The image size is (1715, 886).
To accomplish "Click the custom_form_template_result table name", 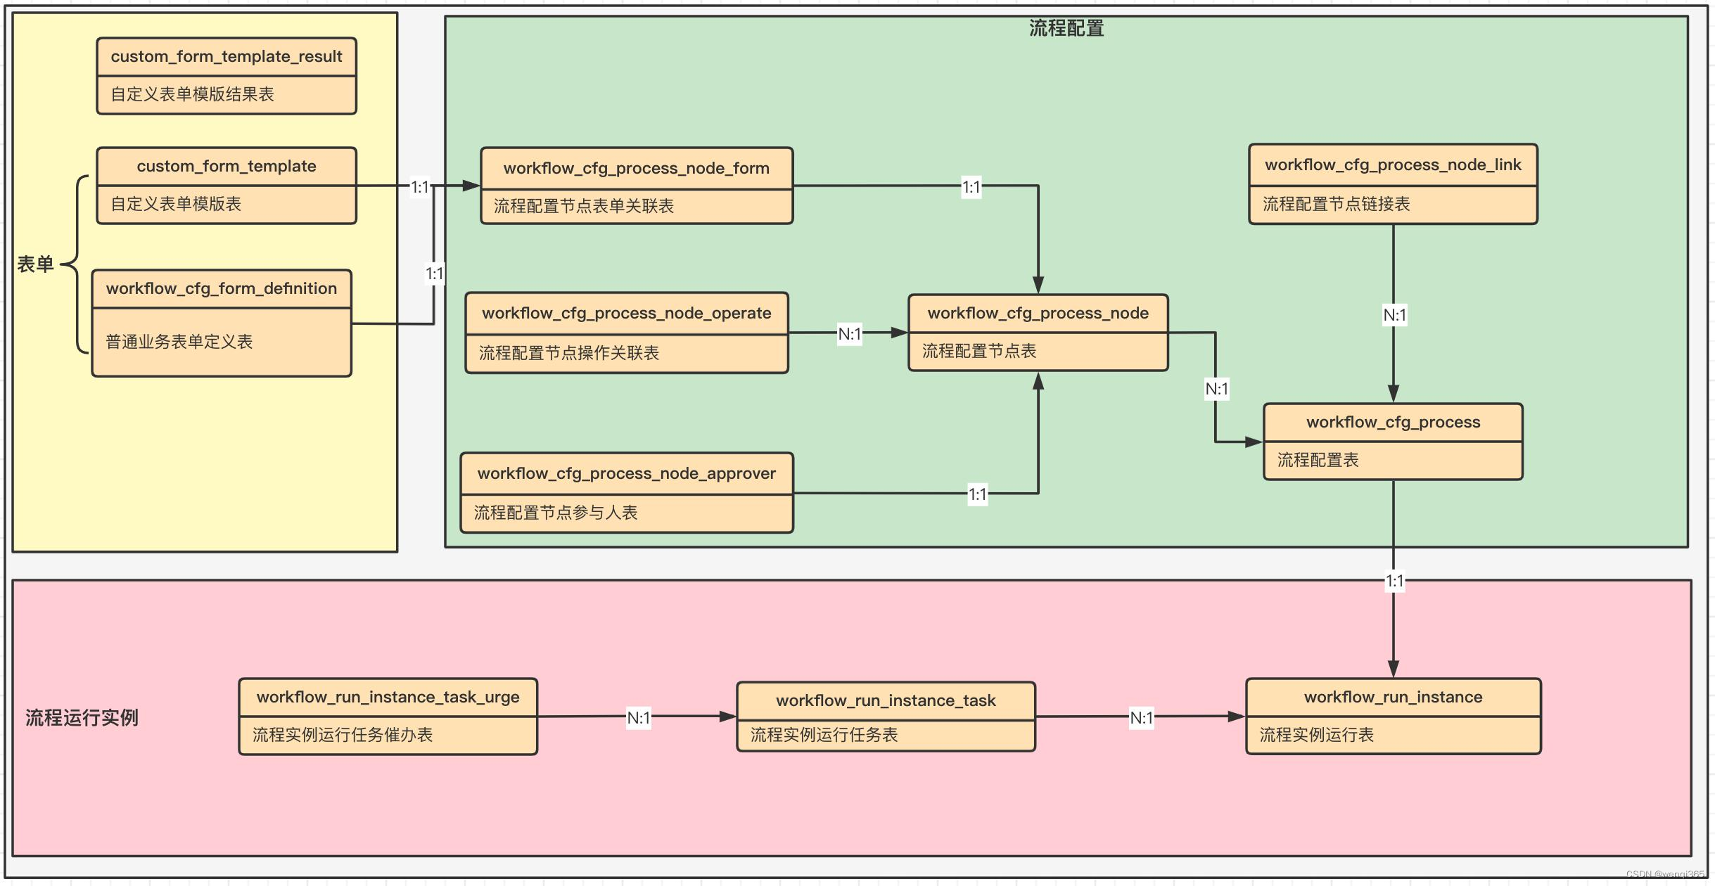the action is pyautogui.click(x=227, y=56).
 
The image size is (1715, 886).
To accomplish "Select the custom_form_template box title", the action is pyautogui.click(x=227, y=166).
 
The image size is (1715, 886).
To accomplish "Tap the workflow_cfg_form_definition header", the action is pyautogui.click(x=222, y=288).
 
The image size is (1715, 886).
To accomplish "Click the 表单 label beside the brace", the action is pyautogui.click(x=35, y=264).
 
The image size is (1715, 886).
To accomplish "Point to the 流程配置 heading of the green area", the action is pyautogui.click(x=1066, y=28).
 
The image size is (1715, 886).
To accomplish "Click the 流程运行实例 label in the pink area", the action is pyautogui.click(x=82, y=717).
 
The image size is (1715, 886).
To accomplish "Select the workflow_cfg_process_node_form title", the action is pyautogui.click(x=637, y=168).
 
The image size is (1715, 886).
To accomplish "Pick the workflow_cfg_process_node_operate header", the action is pyautogui.click(x=627, y=313).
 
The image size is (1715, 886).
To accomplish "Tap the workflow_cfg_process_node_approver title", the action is pyautogui.click(x=627, y=473).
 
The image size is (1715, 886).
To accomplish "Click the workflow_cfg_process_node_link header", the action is pyautogui.click(x=1393, y=165).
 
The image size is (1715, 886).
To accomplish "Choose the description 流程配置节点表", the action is pyautogui.click(x=979, y=351).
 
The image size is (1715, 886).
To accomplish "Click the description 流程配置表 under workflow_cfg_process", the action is pyautogui.click(x=1318, y=460).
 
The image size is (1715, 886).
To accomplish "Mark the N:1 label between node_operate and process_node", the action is pyautogui.click(x=850, y=334).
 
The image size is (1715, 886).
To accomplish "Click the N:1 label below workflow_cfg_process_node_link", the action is pyautogui.click(x=1394, y=315).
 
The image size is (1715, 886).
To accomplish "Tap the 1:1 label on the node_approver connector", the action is pyautogui.click(x=977, y=494).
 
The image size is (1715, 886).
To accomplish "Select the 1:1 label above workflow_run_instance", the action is pyautogui.click(x=1394, y=582).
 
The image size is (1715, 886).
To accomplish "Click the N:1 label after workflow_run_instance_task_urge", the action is pyautogui.click(x=639, y=718).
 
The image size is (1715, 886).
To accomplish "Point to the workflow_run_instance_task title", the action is pyautogui.click(x=886, y=700).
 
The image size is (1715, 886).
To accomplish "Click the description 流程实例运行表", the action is pyautogui.click(x=1316, y=735).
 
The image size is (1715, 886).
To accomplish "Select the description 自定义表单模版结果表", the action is pyautogui.click(x=192, y=94).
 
